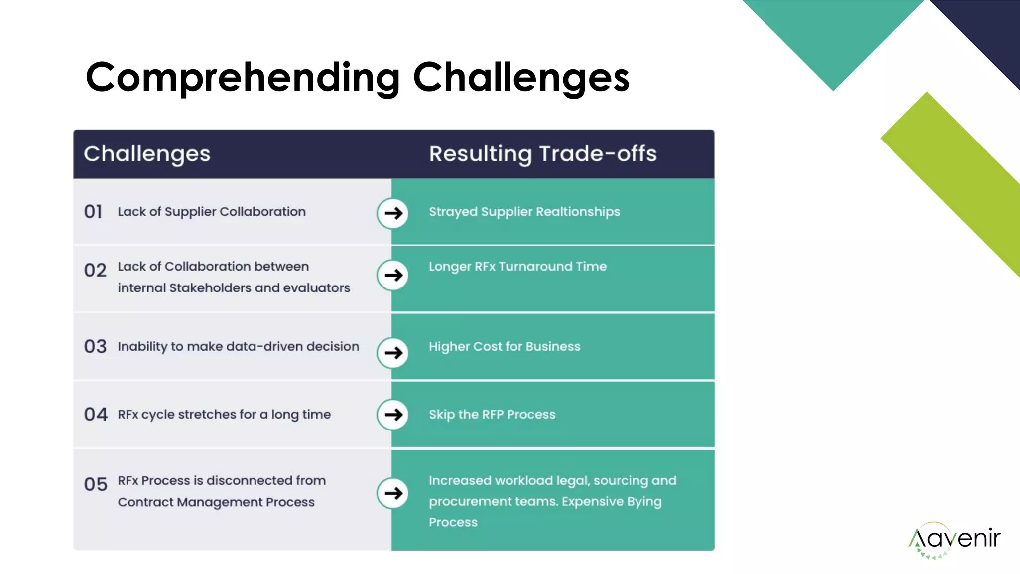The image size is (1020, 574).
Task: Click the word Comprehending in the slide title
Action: pos(243,77)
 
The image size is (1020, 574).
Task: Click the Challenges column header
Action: pos(147,154)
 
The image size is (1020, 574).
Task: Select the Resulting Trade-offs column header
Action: pos(542,154)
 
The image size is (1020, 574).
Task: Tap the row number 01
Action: pos(93,212)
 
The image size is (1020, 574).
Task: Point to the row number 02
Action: pos(95,271)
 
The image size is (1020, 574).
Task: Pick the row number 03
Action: pos(95,347)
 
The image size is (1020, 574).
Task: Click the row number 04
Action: pos(96,415)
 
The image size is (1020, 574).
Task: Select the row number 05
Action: pos(96,484)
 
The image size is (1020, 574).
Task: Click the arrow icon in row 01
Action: pos(393,213)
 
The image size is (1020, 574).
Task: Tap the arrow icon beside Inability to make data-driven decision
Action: pos(393,353)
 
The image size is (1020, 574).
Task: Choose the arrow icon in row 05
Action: pos(393,493)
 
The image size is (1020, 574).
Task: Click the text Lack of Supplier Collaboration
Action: pos(212,212)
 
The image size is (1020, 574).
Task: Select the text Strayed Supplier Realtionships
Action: pos(524,212)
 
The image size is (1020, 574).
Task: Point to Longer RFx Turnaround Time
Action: pos(517,267)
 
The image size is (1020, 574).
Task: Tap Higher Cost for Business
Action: pos(505,347)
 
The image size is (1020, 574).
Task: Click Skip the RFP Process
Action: pos(492,415)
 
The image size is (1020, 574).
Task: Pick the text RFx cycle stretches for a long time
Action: pos(224,415)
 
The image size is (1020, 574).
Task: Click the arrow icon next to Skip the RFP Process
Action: pos(393,415)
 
